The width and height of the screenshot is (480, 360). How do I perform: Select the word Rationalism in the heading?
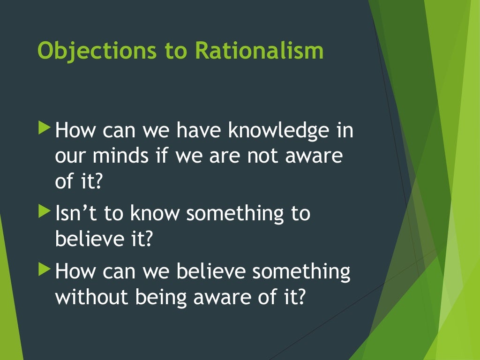pos(259,50)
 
